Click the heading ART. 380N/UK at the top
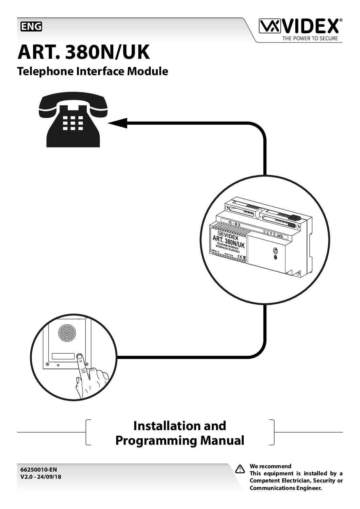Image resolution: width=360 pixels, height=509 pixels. [x=84, y=52]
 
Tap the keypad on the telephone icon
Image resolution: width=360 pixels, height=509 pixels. [x=73, y=123]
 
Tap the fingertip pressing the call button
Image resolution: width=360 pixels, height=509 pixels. [x=79, y=357]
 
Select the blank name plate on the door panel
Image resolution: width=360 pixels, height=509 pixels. [x=63, y=357]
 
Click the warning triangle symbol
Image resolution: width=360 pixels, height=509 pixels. [x=240, y=469]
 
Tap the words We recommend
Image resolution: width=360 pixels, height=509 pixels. [x=271, y=466]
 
